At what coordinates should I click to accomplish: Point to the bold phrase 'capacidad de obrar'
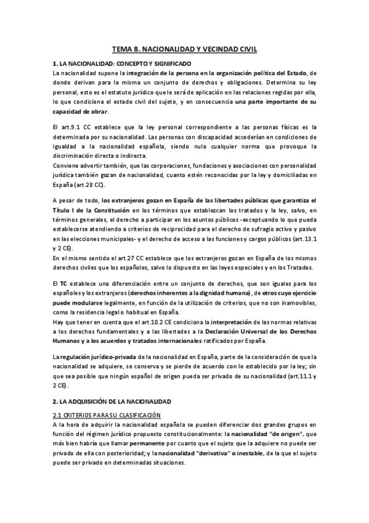(x=79, y=112)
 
